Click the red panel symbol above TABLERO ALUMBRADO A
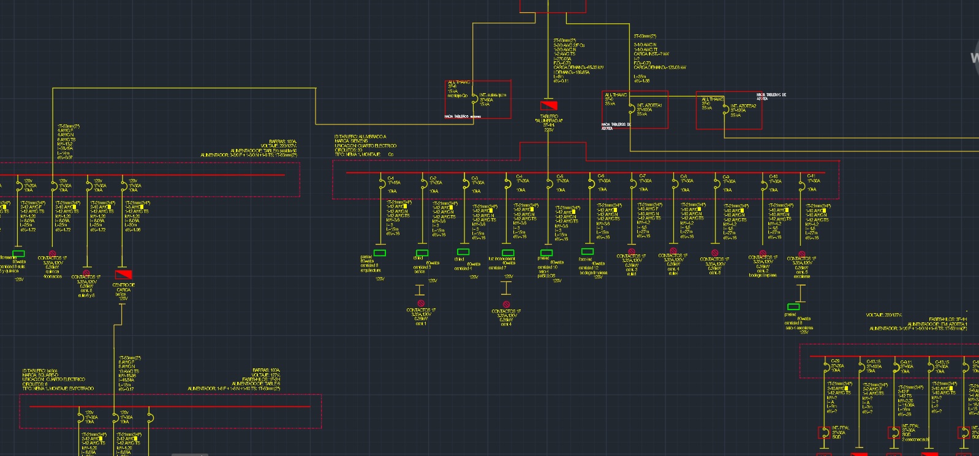tap(548, 106)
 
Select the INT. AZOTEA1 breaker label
tap(649, 105)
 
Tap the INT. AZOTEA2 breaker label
tap(743, 106)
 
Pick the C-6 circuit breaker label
tap(601, 176)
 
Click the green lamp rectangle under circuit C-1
tap(380, 253)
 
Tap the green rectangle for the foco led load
tap(587, 251)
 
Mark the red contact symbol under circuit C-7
tap(632, 252)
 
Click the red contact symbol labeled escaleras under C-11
tap(801, 254)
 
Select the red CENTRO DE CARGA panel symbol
tap(123, 274)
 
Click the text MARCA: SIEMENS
tap(351, 141)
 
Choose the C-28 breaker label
tap(836, 362)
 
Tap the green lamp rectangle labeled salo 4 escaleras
tap(793, 306)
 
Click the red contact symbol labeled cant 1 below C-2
tap(421, 303)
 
